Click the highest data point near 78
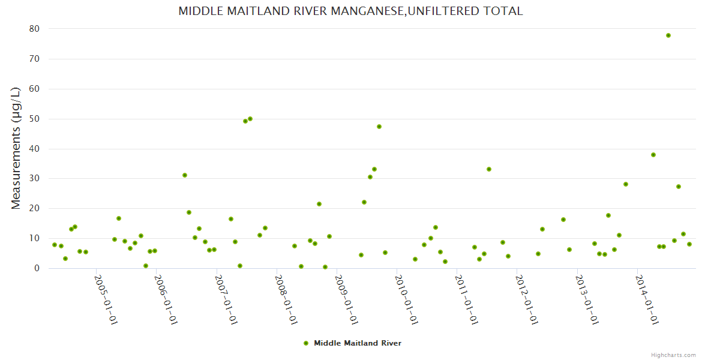668,35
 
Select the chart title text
350,11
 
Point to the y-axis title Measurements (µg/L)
16,148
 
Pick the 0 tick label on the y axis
37,268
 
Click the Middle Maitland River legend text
358,343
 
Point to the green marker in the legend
306,343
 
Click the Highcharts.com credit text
673,355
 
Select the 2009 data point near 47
379,127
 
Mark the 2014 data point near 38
653,155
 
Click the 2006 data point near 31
185,175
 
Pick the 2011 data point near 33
489,169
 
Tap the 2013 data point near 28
626,184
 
